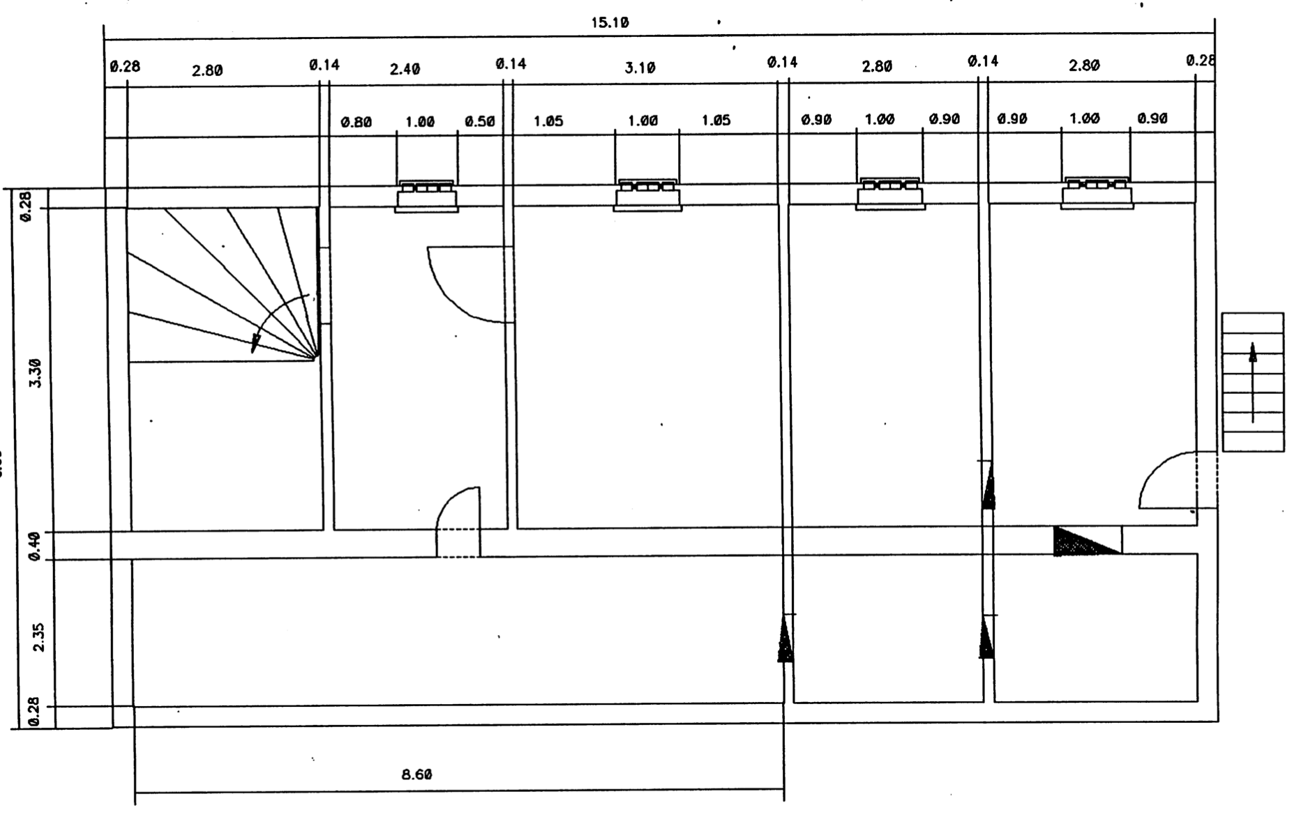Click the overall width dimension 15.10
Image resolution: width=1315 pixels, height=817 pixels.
[610, 23]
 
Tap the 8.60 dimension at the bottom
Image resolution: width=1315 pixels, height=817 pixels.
[416, 774]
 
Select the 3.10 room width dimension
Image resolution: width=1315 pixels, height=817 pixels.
[640, 68]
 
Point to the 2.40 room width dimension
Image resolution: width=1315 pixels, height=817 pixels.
[405, 70]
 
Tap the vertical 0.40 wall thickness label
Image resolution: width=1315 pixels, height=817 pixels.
[35, 545]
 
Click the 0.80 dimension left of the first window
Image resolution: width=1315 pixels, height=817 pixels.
[356, 123]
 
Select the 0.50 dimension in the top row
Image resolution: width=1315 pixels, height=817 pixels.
[479, 122]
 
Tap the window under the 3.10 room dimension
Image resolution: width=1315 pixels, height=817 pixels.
[647, 195]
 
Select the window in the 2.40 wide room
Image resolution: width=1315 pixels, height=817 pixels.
[426, 197]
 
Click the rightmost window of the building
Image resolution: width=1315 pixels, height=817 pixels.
[1097, 193]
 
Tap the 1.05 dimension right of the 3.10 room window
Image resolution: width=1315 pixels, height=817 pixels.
[716, 121]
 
